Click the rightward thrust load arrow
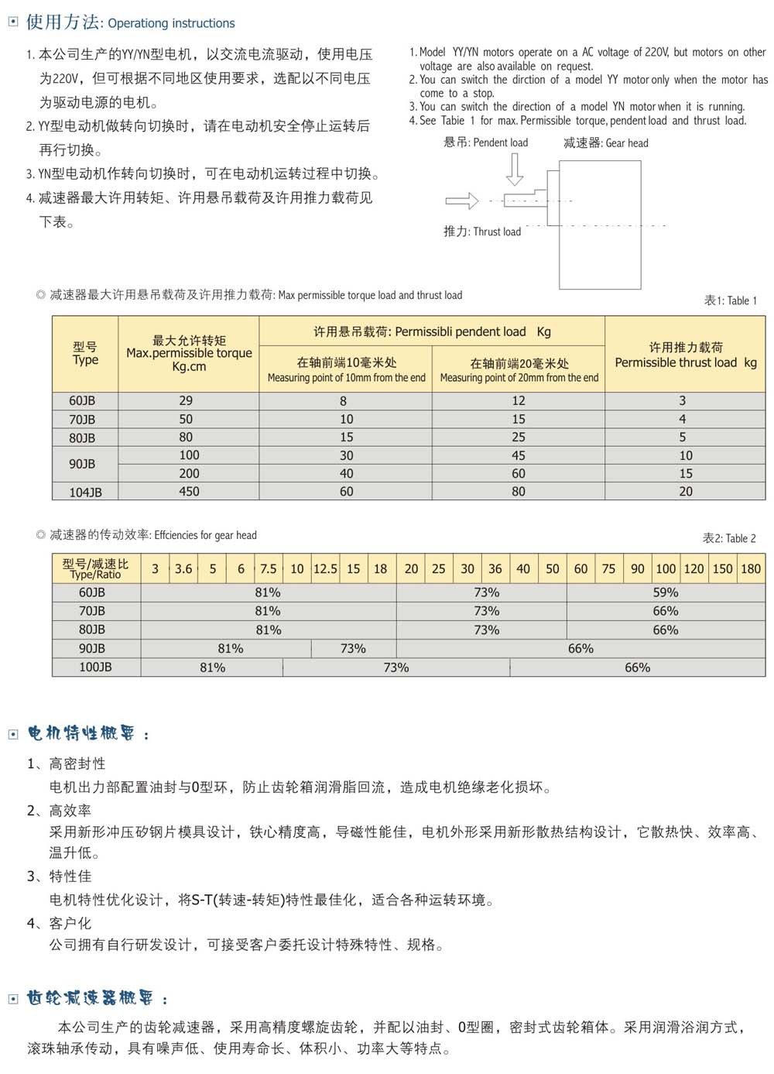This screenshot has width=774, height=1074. point(462,201)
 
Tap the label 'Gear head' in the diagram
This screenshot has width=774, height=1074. point(606,143)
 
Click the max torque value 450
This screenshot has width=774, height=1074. point(189,492)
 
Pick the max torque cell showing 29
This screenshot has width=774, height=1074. point(187,401)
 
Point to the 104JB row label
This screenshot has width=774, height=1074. point(85,492)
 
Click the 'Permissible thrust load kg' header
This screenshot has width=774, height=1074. point(685,355)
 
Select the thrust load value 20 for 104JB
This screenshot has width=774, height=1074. point(686,492)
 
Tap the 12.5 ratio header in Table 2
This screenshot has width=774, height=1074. point(325,569)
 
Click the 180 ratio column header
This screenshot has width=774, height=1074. point(751,569)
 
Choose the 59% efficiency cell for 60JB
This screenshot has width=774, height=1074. point(666,592)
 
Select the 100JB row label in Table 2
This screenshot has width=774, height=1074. point(95,667)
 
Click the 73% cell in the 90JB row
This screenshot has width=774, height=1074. point(353,649)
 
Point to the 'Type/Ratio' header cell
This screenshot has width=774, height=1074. point(96,569)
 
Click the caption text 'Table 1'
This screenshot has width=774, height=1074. point(730,300)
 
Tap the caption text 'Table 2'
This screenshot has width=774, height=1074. point(728,538)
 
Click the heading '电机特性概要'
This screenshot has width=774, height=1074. point(81,733)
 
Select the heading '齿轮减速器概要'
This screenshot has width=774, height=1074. point(90,998)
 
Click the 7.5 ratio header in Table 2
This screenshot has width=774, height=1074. point(268,569)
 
